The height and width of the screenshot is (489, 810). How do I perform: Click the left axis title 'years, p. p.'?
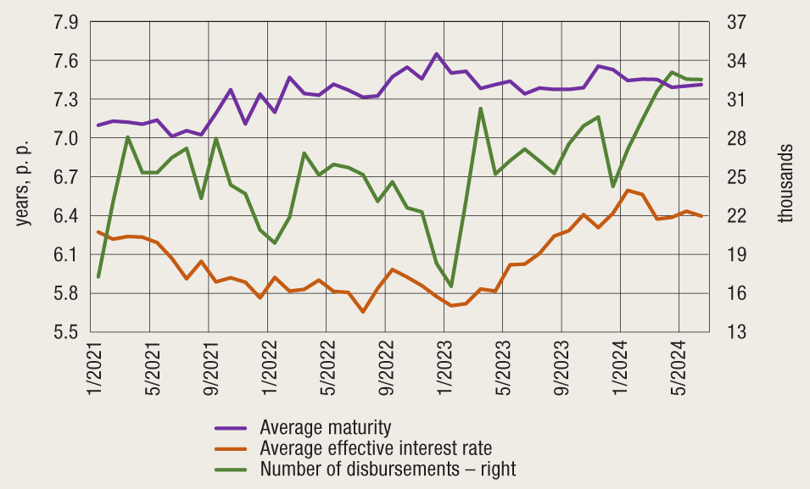(24, 179)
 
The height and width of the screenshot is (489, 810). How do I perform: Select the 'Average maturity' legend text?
(326, 426)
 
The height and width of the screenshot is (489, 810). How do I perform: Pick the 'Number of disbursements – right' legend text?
(388, 469)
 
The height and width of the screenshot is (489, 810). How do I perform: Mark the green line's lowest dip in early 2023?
(451, 286)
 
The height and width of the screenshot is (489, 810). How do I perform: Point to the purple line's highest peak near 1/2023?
(436, 53)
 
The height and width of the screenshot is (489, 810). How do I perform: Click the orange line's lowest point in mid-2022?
(363, 312)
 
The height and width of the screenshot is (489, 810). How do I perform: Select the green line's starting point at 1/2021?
(98, 277)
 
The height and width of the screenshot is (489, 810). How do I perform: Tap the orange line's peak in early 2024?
(628, 190)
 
